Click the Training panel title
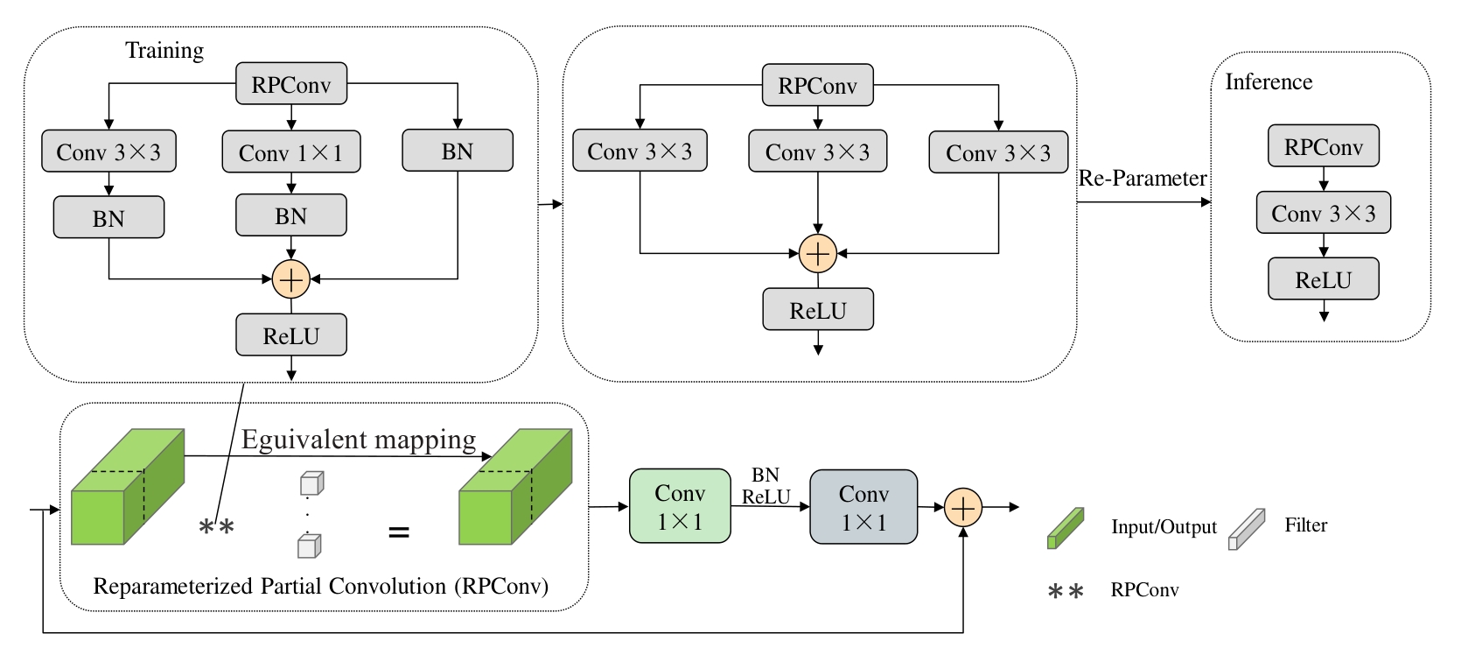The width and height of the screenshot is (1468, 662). pos(164,51)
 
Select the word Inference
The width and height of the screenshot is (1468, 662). pos(1269,82)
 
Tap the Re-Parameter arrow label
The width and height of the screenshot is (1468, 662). pos(1142,179)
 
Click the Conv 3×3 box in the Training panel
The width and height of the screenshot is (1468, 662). pos(108,151)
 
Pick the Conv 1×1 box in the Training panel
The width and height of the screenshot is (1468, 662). pos(290,152)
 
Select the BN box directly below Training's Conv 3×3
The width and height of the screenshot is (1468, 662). pos(108,217)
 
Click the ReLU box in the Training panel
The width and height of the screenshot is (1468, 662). pos(291,335)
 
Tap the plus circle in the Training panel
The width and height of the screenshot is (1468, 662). pos(290,279)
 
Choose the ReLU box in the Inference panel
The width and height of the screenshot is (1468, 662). pos(1323,279)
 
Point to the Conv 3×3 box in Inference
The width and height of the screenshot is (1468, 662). pos(1323,213)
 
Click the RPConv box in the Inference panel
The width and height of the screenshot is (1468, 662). pos(1323,146)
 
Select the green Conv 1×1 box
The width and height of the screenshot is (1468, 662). pos(680,506)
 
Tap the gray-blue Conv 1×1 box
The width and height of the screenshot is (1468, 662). pos(863,507)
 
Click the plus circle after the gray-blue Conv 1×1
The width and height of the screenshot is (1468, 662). pos(962,507)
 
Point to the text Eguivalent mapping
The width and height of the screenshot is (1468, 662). pos(359,439)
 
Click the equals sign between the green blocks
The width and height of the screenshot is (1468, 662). pos(398,532)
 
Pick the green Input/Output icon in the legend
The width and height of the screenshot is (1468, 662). pos(1066,528)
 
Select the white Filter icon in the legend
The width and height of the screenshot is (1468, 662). pos(1247,529)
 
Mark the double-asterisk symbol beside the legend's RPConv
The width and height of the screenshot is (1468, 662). pos(1066,592)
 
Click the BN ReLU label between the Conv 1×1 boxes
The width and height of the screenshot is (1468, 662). pos(765,486)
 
